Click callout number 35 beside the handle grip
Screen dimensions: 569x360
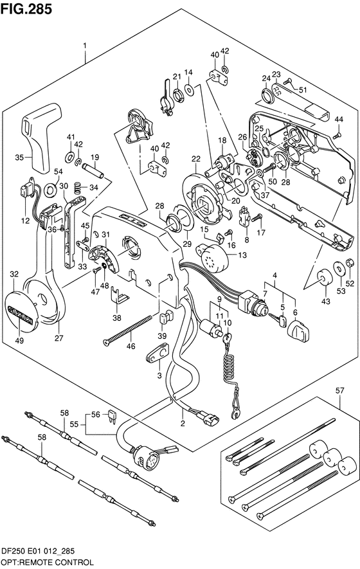click(19, 157)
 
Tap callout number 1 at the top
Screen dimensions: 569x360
click(85, 45)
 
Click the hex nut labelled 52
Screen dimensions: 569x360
click(348, 263)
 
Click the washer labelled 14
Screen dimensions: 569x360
click(189, 89)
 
